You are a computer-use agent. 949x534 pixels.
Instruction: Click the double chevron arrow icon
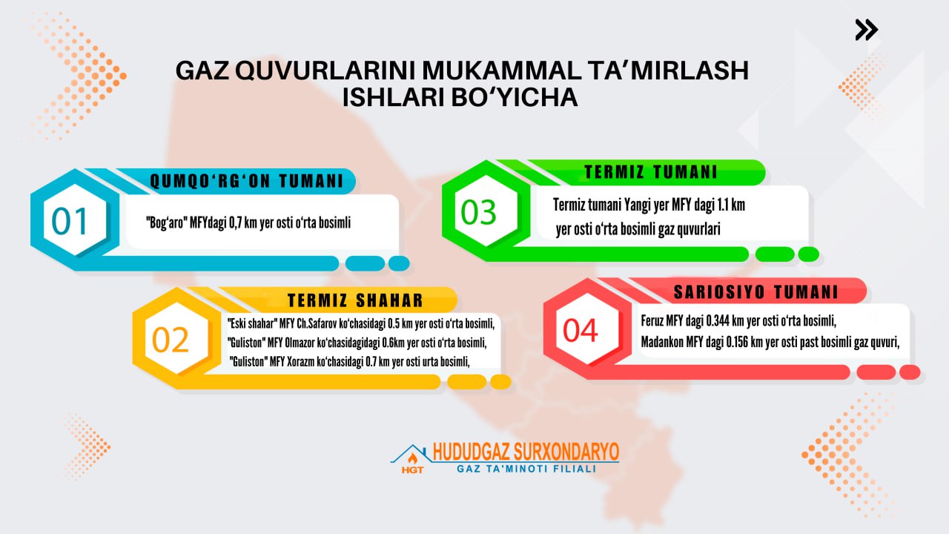click(x=867, y=30)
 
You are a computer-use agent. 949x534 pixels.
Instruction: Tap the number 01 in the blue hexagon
click(x=69, y=221)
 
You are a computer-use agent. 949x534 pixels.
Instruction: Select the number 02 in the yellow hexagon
click(x=171, y=340)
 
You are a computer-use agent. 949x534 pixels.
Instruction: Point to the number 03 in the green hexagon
click(x=478, y=212)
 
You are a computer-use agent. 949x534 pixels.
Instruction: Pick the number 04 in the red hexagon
click(x=581, y=331)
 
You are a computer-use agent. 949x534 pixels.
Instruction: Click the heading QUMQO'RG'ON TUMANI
click(x=247, y=182)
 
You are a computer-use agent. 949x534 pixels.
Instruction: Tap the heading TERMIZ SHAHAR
click(x=355, y=300)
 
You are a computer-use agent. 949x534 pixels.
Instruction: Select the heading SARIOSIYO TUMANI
click(x=756, y=292)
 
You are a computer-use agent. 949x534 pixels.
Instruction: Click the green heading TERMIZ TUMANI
click(x=651, y=172)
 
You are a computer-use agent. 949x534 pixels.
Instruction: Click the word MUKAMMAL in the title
click(x=502, y=70)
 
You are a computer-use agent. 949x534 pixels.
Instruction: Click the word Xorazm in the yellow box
click(x=300, y=362)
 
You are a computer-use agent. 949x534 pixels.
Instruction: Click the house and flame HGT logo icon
click(x=409, y=458)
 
